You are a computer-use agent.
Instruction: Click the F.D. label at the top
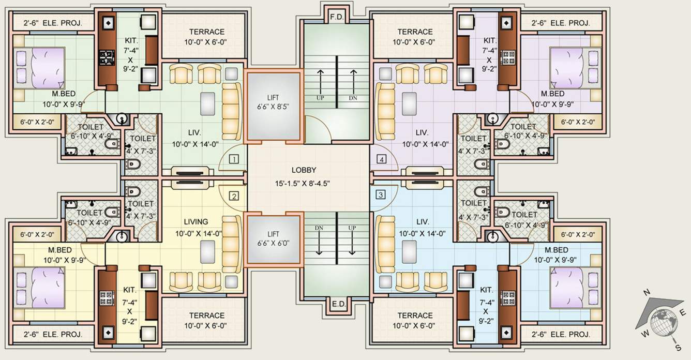click(x=337, y=17)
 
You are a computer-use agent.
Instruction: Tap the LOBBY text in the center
click(x=304, y=170)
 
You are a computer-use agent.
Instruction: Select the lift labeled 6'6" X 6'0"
click(x=273, y=238)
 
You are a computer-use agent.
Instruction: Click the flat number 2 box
click(x=234, y=196)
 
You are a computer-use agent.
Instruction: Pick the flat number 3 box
click(x=381, y=195)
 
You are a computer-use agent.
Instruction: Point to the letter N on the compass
click(x=645, y=293)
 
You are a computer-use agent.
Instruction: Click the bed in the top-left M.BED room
click(x=39, y=68)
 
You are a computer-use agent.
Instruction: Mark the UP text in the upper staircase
click(x=321, y=97)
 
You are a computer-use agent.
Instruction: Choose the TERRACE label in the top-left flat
click(x=206, y=32)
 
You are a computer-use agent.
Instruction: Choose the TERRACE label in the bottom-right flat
click(x=415, y=315)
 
